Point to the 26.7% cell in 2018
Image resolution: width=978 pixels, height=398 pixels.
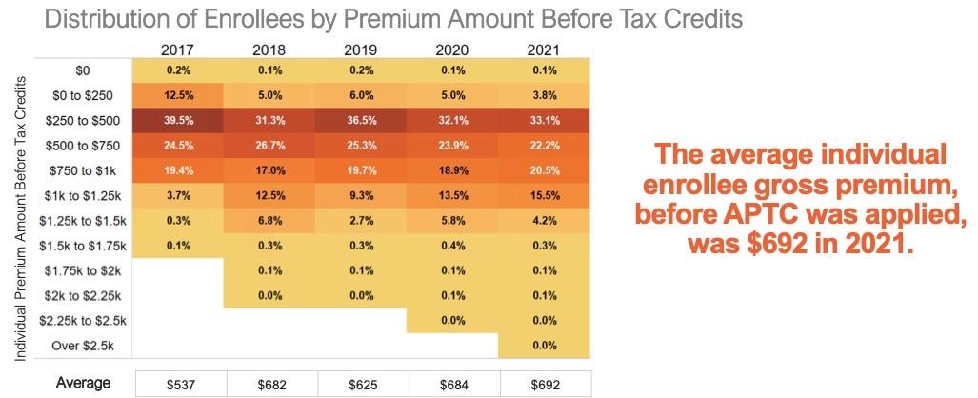[x=269, y=145]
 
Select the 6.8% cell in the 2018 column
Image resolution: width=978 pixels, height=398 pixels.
[x=269, y=220]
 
